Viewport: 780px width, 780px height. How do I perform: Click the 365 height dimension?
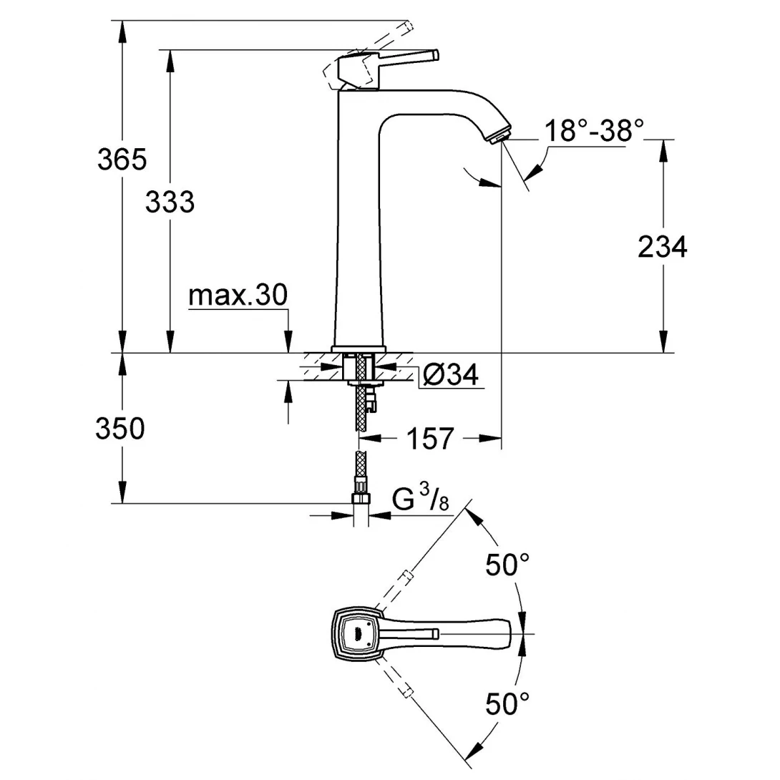[x=122, y=160]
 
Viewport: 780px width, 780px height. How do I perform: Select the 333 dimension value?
[x=170, y=203]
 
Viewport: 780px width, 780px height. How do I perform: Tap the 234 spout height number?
[x=662, y=247]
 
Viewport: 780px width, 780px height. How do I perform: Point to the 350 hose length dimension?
[x=120, y=429]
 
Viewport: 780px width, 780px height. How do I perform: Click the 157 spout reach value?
[x=431, y=438]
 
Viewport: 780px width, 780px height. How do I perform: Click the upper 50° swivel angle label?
[x=507, y=565]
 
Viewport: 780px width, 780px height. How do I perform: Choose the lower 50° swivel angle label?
[x=507, y=704]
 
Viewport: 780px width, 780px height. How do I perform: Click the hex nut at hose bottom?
[x=362, y=499]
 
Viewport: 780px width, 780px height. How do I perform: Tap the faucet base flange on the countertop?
[x=359, y=348]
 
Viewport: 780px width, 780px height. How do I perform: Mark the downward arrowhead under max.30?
[x=288, y=346]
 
